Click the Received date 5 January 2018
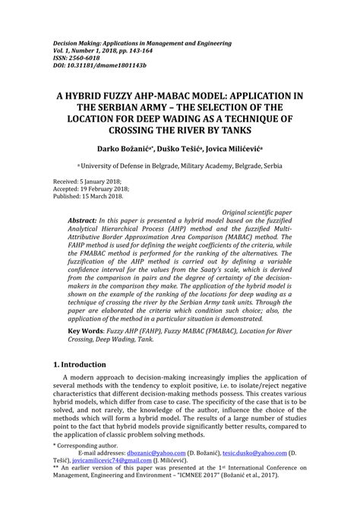point(91,181)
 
